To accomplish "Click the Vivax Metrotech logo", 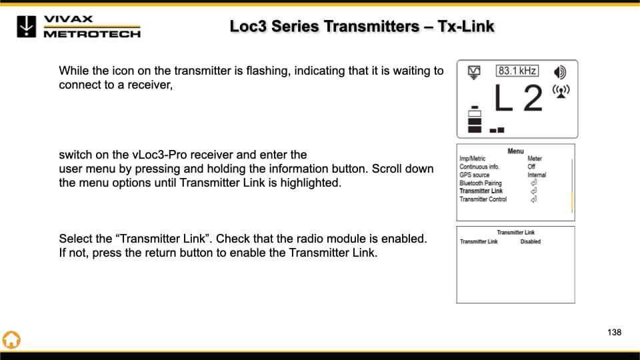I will (79, 26).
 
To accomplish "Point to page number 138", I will (614, 332).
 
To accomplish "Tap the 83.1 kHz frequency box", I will (517, 71).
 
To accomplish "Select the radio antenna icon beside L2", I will (561, 91).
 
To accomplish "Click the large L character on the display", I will (503, 100).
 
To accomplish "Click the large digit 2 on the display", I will (533, 99).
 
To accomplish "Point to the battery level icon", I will (475, 120).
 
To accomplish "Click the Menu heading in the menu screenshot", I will (515, 151).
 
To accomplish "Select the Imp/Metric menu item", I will (473, 159).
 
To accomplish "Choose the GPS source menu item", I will (474, 175).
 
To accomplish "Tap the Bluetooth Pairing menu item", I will (480, 183).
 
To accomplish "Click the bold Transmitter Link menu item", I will (481, 191).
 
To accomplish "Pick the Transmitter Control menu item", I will (483, 199).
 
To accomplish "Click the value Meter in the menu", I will (535, 159).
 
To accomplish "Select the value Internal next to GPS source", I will (537, 175).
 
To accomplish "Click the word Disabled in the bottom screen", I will (530, 241).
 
